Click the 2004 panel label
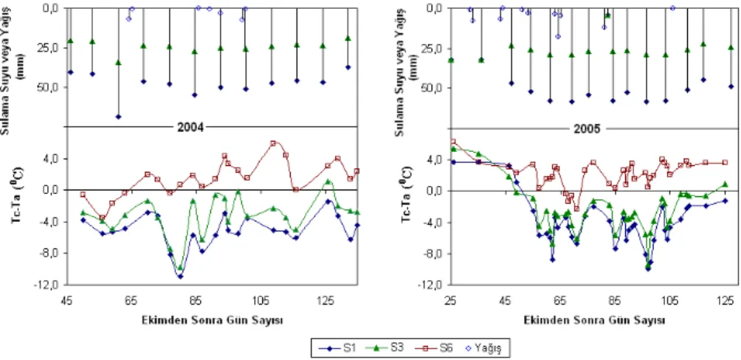(190, 127)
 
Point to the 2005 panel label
(590, 129)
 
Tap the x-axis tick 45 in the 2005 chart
(505, 300)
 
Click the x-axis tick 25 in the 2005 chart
(450, 300)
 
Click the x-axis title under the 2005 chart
(594, 320)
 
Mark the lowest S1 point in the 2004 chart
(181, 277)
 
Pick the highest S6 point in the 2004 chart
(273, 142)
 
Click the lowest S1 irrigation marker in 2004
(118, 117)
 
